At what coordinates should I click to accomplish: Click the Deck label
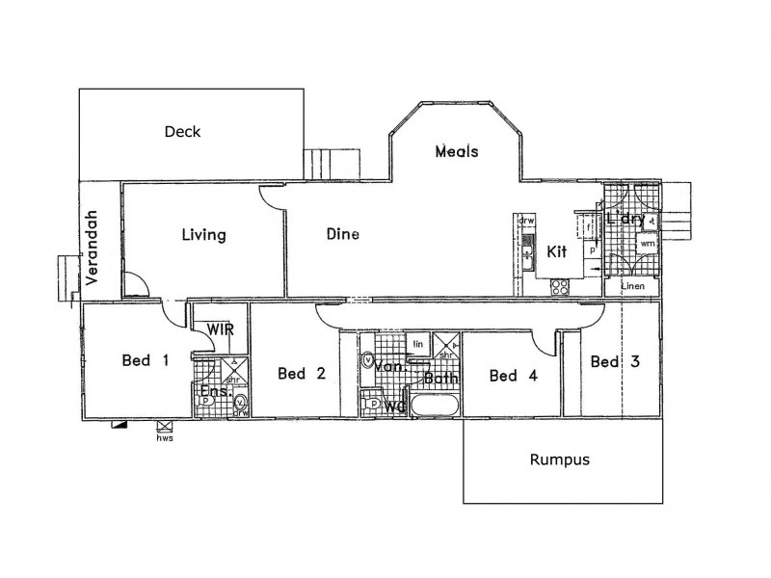point(182,132)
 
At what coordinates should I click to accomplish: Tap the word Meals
point(457,151)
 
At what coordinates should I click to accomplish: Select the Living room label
point(203,234)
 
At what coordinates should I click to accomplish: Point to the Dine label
point(342,233)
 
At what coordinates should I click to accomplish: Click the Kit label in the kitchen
point(557,251)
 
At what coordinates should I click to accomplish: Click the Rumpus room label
point(559,460)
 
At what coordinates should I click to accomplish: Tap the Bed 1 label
point(146,361)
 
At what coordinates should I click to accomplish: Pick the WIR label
point(220,328)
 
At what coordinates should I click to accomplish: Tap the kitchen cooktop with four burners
point(558,285)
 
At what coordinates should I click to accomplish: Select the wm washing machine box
point(647,245)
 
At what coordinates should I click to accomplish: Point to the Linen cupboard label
point(632,287)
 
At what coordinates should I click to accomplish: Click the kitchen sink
point(527,255)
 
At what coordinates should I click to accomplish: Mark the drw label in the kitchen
point(526,221)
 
